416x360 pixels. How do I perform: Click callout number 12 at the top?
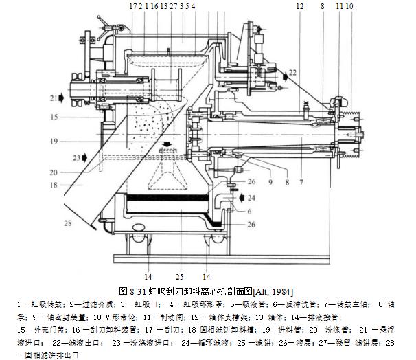299,5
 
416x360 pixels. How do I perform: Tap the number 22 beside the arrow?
293,71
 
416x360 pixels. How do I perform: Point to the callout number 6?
250,211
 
